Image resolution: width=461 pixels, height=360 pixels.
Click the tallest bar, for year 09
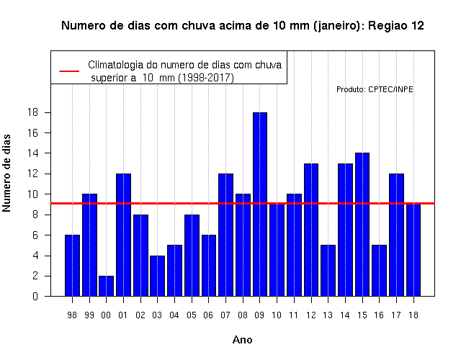point(260,204)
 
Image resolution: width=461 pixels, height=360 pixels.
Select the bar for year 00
point(106,286)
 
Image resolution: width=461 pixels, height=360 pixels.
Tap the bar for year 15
point(362,225)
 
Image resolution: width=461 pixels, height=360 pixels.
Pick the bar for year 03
point(157,276)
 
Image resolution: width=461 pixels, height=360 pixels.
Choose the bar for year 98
point(72,266)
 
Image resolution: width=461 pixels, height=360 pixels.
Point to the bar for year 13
point(328,271)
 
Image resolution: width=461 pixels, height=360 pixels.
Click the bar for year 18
point(413,250)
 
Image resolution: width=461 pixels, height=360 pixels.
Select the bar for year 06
point(209,266)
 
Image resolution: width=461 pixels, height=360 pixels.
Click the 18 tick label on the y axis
point(32,112)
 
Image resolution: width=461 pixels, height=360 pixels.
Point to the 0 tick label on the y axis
point(35,296)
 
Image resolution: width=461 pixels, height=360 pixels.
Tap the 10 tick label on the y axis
point(32,194)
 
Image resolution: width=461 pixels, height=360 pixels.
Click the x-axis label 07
point(225,315)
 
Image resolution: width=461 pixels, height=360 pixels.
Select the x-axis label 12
point(311,315)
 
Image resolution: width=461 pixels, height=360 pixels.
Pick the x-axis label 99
point(89,315)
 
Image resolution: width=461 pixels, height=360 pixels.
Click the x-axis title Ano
point(243,340)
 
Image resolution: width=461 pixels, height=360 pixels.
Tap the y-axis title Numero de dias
point(6,173)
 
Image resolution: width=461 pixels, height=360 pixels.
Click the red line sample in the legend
point(69,71)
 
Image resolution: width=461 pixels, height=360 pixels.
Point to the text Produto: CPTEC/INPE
point(375,89)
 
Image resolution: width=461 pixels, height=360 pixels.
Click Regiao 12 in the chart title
point(396,26)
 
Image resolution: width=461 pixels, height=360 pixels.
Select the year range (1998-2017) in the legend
point(206,78)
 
